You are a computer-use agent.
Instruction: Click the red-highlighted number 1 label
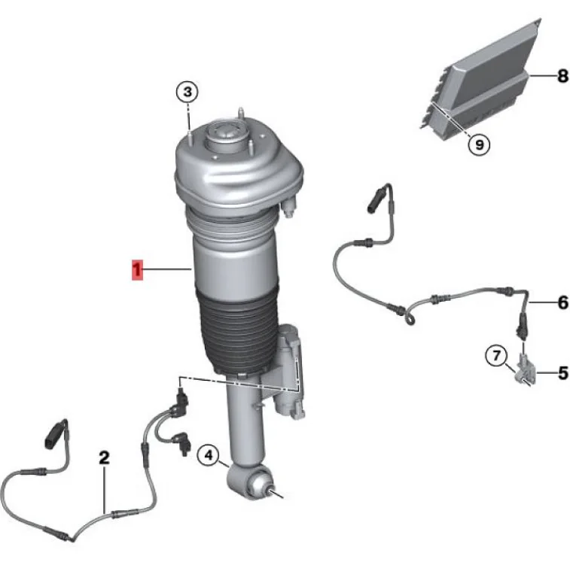click(137, 269)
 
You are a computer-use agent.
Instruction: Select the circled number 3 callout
click(187, 93)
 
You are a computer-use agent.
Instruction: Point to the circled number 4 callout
click(209, 455)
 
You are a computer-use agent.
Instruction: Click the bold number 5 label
click(562, 372)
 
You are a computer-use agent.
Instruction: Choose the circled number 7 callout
click(495, 356)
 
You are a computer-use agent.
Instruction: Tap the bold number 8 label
click(562, 76)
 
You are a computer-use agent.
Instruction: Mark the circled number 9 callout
click(479, 144)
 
